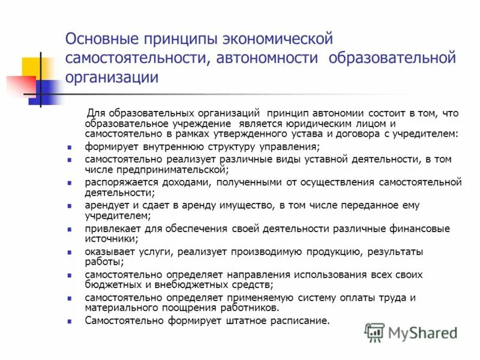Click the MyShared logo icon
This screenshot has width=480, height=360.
click(x=374, y=332)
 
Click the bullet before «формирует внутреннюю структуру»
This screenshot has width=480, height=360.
click(x=70, y=147)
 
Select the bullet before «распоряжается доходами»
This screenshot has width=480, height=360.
click(x=70, y=182)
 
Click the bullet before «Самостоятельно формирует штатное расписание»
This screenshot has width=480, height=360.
click(x=70, y=321)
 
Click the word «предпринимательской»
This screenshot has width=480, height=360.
click(x=159, y=170)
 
